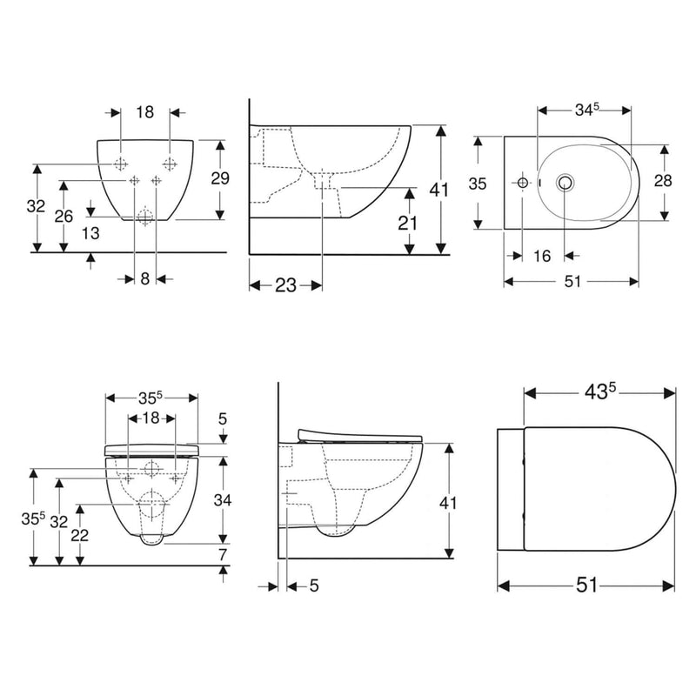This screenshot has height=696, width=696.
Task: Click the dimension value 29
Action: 220,178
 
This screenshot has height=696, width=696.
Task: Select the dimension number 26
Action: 64,216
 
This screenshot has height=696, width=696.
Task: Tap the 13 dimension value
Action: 90,233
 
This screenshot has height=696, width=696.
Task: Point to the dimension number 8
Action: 145,278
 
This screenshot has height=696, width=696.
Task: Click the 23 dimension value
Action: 285,285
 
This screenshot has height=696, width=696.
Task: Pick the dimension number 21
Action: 407,224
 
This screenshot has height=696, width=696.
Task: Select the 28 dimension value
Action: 663,181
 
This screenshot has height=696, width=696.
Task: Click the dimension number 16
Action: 542,256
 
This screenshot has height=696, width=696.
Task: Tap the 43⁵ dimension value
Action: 600,392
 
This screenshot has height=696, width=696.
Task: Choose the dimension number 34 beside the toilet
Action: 223,500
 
